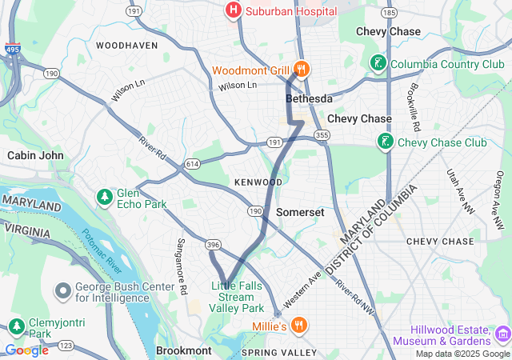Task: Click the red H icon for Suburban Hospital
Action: [233, 10]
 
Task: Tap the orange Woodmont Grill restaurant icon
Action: [301, 70]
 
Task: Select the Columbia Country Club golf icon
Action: [378, 63]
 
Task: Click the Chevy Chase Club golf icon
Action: [386, 142]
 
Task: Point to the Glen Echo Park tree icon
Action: [104, 196]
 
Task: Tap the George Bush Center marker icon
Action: [62, 290]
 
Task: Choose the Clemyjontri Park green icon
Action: [16, 326]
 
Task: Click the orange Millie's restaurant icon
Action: [298, 325]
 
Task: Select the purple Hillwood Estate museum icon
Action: [502, 333]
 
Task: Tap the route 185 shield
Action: [390, 14]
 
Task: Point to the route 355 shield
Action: [322, 135]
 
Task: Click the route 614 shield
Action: [192, 163]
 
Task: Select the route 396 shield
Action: [213, 244]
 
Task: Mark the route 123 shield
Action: [66, 345]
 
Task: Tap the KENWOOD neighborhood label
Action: [258, 182]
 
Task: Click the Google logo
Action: [26, 350]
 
